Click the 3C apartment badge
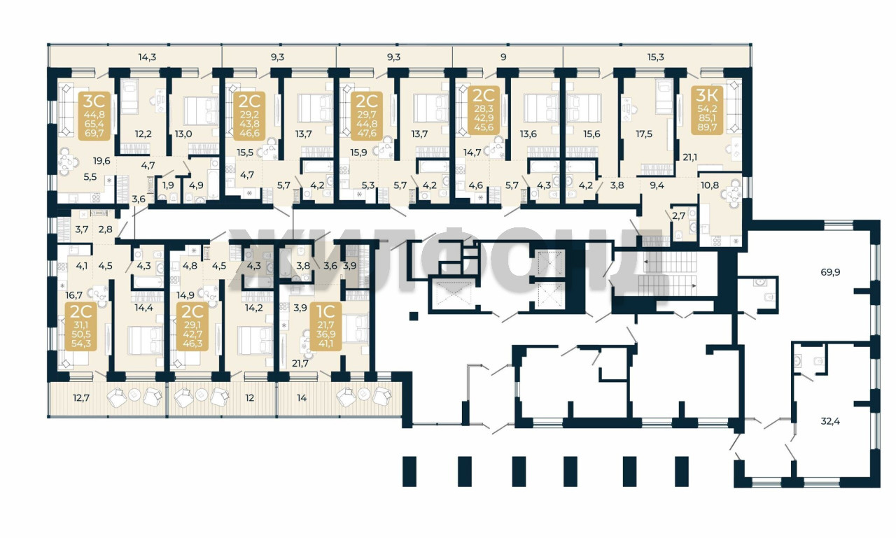click(x=94, y=116)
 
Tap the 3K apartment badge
click(x=707, y=111)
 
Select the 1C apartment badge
click(x=326, y=327)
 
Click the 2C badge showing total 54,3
click(x=80, y=327)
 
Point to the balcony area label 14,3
click(x=147, y=57)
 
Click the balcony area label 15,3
click(x=656, y=57)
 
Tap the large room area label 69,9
click(x=830, y=272)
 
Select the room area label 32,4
click(x=830, y=421)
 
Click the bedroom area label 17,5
click(x=644, y=134)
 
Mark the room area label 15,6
click(x=591, y=134)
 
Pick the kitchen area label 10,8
click(x=710, y=185)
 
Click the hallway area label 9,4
click(x=657, y=185)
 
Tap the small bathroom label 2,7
click(x=679, y=216)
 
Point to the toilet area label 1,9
click(x=169, y=185)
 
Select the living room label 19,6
click(x=101, y=161)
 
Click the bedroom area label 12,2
click(x=143, y=134)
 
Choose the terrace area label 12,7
click(x=81, y=397)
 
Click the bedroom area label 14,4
click(x=143, y=307)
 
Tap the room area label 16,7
click(x=74, y=295)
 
